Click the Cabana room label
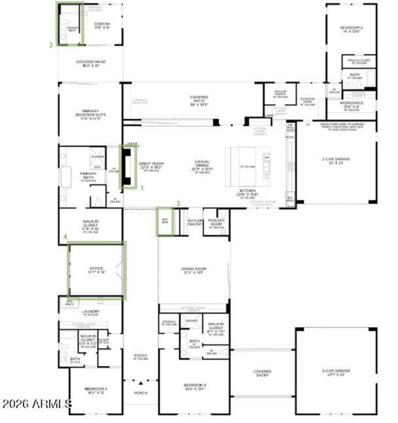pyautogui.click(x=102, y=24)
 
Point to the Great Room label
pyautogui.click(x=152, y=164)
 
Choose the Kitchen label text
pyautogui.click(x=247, y=190)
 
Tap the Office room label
pyautogui.click(x=97, y=268)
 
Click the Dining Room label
pyautogui.click(x=194, y=269)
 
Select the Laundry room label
pyautogui.click(x=91, y=312)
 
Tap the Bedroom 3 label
pyautogui.click(x=195, y=386)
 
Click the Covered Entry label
pyautogui.click(x=262, y=373)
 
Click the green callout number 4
pyautogui.click(x=65, y=238)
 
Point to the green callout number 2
pyautogui.click(x=51, y=45)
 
